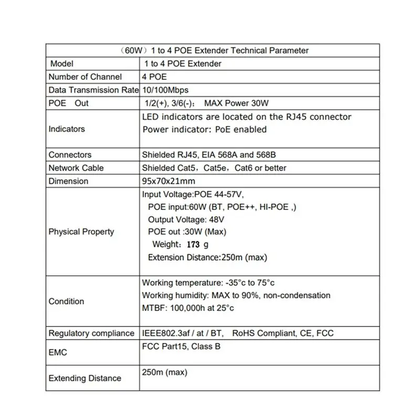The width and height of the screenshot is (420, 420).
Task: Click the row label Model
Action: [62, 64]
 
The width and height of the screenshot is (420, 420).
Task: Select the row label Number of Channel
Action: [85, 77]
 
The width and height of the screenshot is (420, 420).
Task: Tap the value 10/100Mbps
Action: [165, 90]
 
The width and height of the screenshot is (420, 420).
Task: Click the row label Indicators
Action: [67, 129]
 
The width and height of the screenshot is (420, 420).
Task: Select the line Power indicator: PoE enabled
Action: [204, 129]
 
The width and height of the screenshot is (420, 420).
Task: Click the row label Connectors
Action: [70, 155]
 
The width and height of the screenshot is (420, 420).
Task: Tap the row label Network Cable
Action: [76, 168]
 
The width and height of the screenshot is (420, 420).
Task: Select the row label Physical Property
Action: [81, 232]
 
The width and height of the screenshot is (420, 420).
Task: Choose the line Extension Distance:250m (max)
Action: [208, 257]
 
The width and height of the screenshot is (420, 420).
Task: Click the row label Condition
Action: [66, 301]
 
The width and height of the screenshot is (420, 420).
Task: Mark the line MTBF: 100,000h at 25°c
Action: [188, 308]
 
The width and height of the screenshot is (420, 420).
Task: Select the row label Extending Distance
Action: [85, 378]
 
